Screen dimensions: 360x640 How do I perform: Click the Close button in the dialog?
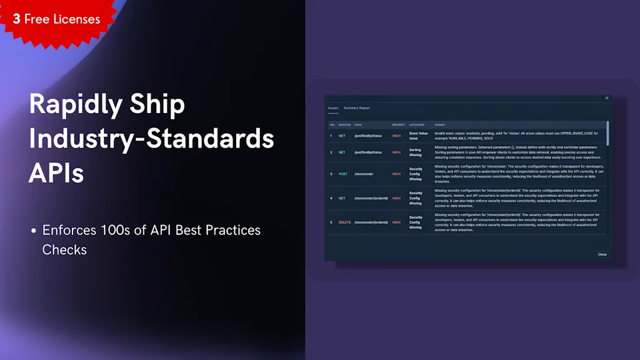pos(602,254)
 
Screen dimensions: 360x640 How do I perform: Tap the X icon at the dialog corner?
pos(606,98)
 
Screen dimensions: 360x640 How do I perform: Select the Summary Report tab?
pos(356,108)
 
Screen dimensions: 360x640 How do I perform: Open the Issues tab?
pos(333,108)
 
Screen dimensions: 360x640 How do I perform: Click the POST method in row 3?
pos(343,174)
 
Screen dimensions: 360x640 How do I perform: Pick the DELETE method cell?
pos(344,222)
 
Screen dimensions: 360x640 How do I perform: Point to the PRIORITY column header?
pos(399,124)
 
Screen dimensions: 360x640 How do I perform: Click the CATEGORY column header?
pos(417,124)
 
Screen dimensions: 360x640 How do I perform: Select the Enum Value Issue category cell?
pos(418,135)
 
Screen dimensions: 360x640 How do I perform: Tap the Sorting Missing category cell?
pos(416,152)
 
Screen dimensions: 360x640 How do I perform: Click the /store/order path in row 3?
pos(364,174)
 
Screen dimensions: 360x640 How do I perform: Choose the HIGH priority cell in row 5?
pos(396,222)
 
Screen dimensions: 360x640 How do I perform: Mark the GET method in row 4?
pos(342,198)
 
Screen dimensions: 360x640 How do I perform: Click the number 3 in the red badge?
pos(16,19)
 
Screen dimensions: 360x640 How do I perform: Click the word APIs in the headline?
pos(56,172)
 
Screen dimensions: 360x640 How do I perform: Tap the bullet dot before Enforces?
pos(33,231)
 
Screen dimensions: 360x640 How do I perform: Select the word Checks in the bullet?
pos(64,249)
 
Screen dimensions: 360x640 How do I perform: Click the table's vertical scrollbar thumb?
pos(607,133)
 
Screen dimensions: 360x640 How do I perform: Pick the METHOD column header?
pos(344,124)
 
